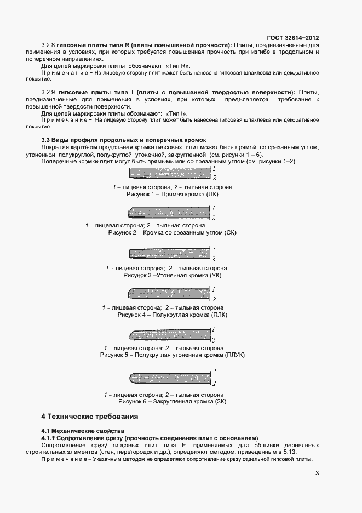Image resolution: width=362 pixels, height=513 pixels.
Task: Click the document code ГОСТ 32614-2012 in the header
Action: (292, 38)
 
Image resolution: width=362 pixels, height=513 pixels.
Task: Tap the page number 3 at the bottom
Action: (318, 474)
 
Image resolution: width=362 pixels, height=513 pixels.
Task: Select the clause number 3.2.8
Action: (49, 44)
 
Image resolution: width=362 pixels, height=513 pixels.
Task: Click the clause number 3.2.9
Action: (49, 92)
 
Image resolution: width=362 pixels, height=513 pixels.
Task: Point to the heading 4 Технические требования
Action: (90, 417)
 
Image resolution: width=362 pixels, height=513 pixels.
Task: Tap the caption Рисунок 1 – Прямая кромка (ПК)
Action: (173, 194)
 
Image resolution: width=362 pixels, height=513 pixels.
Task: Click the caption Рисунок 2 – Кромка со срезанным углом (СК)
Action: (172, 233)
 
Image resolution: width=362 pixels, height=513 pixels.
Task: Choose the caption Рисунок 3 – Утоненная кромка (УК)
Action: (173, 276)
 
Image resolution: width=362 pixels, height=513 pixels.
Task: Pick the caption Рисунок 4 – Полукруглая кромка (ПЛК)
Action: (172, 315)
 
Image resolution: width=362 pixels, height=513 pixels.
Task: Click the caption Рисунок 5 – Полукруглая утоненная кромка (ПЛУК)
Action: (172, 355)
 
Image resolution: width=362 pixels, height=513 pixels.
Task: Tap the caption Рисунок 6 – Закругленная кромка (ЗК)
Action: (172, 402)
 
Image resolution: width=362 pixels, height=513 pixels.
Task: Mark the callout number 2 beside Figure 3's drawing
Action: (214, 258)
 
